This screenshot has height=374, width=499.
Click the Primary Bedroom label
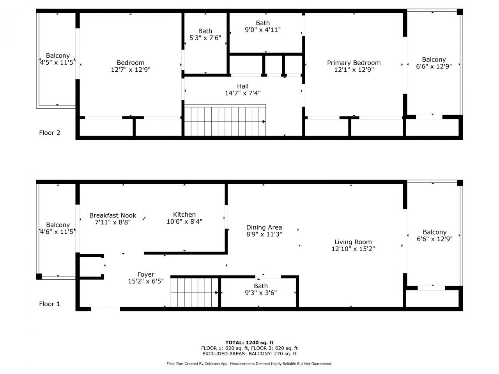(x=354, y=63)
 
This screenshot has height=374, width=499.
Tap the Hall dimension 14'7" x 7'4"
(x=242, y=93)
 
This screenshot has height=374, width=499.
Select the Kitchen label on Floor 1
(x=184, y=215)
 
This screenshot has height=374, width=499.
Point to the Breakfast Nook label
(x=113, y=215)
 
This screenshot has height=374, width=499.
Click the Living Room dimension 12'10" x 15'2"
(x=353, y=249)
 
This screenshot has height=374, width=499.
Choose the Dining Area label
(x=264, y=228)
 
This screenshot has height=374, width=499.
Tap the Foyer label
(x=145, y=275)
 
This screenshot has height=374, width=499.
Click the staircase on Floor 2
(x=225, y=121)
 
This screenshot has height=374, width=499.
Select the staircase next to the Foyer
(x=194, y=292)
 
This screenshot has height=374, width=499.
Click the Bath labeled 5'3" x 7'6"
(x=205, y=34)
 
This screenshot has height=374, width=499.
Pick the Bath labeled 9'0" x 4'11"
(x=263, y=26)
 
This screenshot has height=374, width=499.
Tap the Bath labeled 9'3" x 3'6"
(x=261, y=289)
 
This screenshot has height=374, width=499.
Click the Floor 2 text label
(x=50, y=133)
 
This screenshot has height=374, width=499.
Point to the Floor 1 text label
(x=50, y=304)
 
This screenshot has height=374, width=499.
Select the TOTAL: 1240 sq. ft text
(x=249, y=342)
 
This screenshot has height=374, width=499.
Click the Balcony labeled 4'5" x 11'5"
(x=57, y=59)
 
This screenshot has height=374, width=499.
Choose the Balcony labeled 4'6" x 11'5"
(x=58, y=228)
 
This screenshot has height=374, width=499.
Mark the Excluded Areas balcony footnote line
(x=249, y=354)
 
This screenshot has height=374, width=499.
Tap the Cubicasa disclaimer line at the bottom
(x=249, y=364)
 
